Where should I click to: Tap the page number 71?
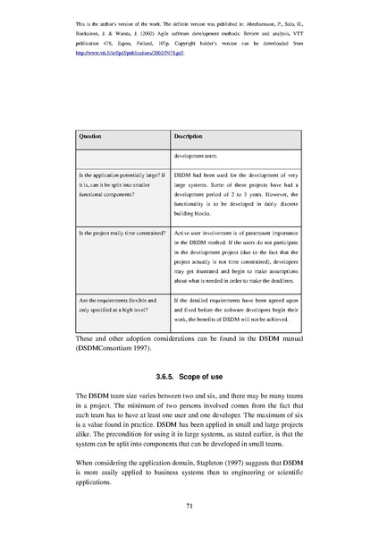189,507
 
